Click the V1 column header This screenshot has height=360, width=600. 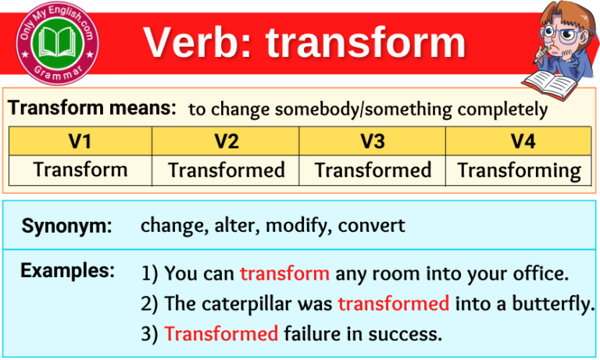click(80, 141)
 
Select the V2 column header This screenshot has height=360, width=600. click(226, 141)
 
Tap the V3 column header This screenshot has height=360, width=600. click(372, 141)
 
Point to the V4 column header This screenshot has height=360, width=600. click(518, 141)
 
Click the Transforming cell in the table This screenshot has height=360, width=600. click(519, 170)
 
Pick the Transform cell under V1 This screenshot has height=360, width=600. click(80, 169)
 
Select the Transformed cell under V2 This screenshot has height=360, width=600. click(226, 170)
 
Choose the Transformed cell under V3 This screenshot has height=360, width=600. click(372, 170)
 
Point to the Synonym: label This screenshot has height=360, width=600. click(66, 226)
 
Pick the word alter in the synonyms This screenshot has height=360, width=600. click(234, 226)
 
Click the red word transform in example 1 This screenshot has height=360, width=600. click(284, 274)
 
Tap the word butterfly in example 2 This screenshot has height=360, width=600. click(554, 304)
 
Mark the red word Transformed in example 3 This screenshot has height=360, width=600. click(221, 334)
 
